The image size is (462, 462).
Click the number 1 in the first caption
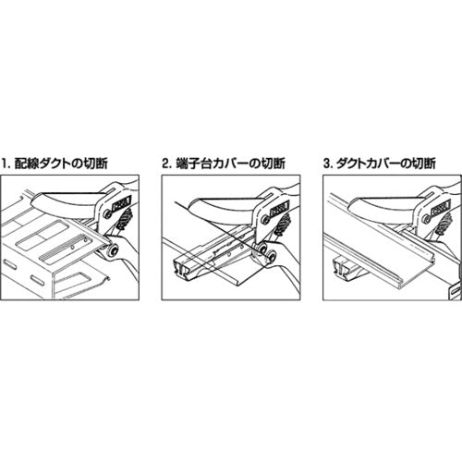pyautogui.click(x=4, y=164)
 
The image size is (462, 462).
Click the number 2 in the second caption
pyautogui.click(x=166, y=164)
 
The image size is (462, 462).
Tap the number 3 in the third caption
pyautogui.click(x=327, y=164)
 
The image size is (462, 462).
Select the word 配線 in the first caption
pyautogui.click(x=25, y=164)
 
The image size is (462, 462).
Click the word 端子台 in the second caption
pyautogui.click(x=191, y=164)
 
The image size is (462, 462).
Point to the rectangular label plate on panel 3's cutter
pyautogui.click(x=440, y=208)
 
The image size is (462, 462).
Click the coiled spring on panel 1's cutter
pyautogui.click(x=127, y=219)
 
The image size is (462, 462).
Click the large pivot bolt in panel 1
pyautogui.click(x=112, y=250)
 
